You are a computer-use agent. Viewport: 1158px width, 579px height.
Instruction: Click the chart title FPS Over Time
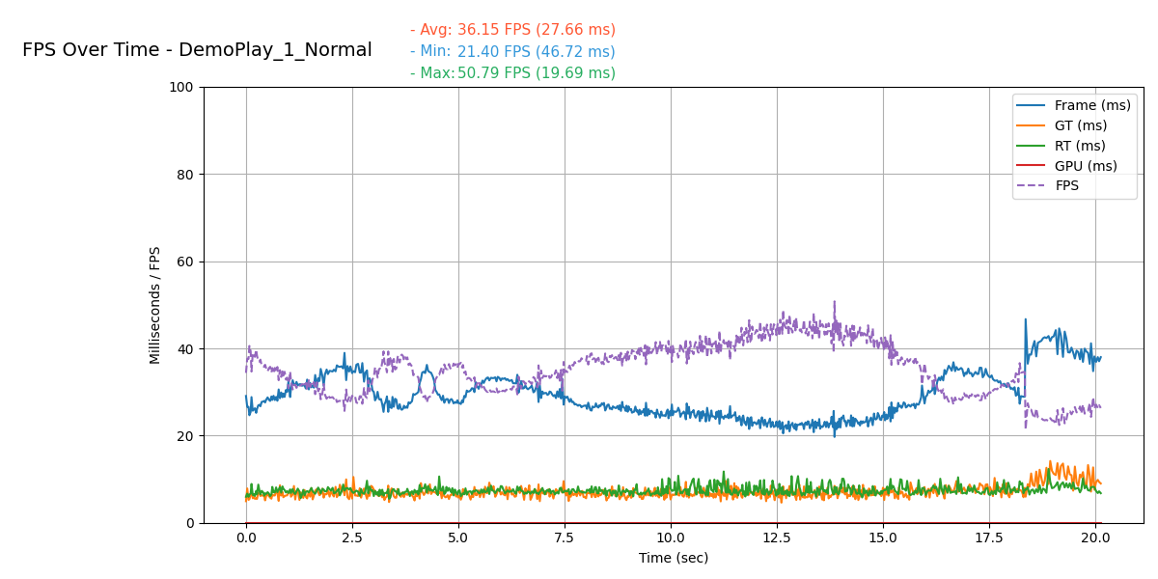coord(197,50)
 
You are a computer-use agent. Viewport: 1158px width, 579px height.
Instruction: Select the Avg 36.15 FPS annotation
coord(512,30)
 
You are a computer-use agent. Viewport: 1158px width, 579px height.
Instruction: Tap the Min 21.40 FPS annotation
coord(512,52)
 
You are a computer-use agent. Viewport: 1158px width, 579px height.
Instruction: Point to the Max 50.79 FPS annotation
coord(512,73)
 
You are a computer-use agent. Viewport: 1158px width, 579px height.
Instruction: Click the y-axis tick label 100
coord(181,88)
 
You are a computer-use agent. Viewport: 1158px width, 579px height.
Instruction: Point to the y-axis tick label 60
coord(185,262)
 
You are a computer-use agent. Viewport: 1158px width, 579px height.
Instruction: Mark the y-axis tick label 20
coord(185,436)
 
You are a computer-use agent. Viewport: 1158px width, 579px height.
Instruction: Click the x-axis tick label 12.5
coord(777,538)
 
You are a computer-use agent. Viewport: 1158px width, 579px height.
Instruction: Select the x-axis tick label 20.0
coord(1095,538)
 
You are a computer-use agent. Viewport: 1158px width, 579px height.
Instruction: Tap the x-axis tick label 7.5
coord(565,538)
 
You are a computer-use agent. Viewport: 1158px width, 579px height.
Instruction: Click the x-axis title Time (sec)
coord(674,558)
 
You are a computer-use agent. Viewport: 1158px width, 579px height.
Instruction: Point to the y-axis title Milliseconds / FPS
coord(155,305)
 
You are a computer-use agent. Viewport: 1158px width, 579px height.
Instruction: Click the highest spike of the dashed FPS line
coord(835,302)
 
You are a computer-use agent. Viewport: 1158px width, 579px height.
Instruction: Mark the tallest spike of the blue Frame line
coord(1025,319)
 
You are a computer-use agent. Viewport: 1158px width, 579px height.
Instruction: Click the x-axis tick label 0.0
coord(246,538)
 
